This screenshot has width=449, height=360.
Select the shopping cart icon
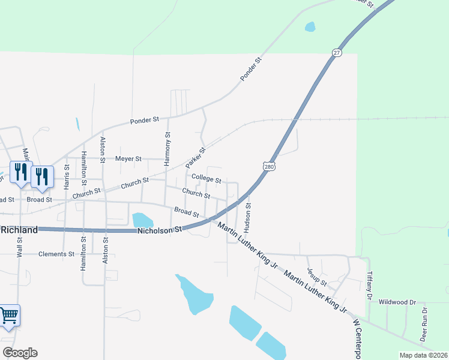pos(9,316)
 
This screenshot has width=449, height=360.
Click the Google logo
pos(19,353)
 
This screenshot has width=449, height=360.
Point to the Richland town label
pos(19,229)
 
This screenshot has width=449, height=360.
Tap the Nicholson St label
pos(159,230)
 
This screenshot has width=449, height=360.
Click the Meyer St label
pos(128,159)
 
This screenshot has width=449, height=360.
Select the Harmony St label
pos(167,149)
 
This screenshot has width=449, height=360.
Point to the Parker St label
pos(196,157)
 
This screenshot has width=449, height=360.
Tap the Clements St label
pos(56,254)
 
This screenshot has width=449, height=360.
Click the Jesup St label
pos(316,277)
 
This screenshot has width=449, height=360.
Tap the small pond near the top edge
pos(310,26)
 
